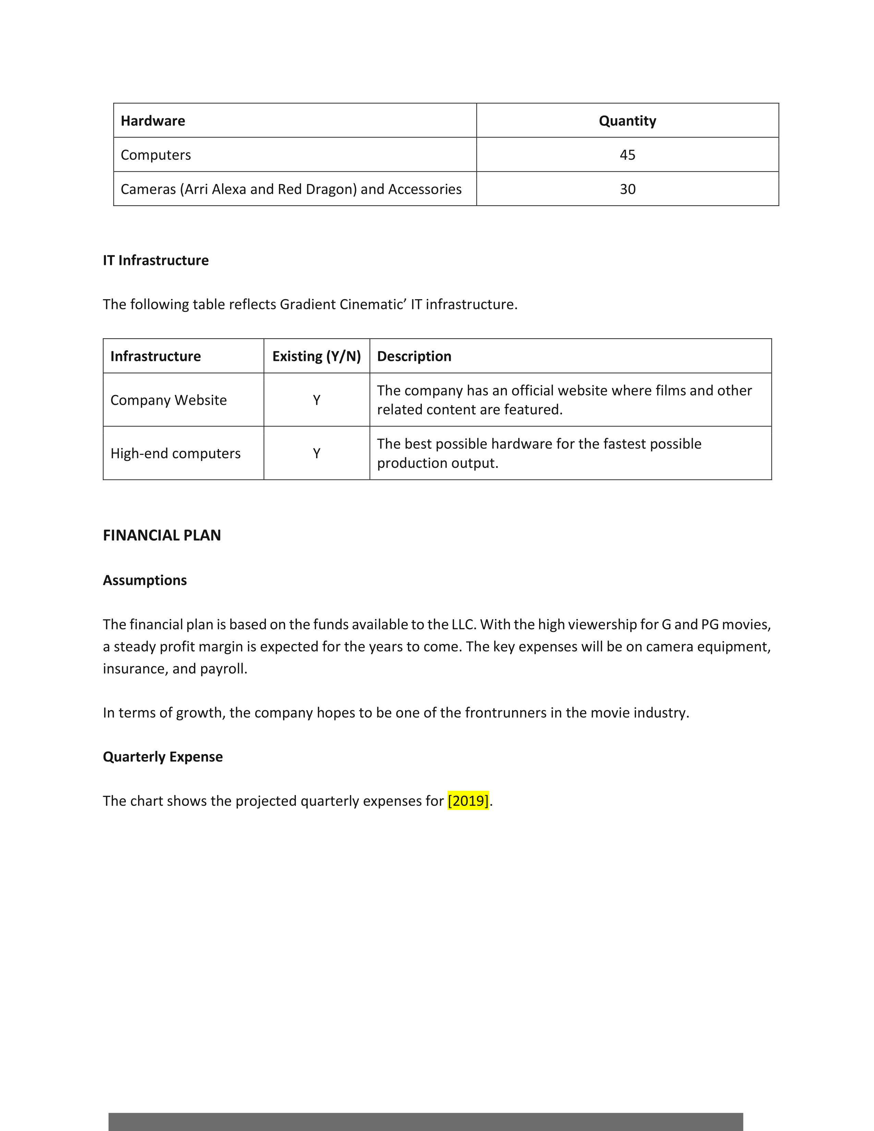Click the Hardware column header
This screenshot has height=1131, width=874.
[x=153, y=121]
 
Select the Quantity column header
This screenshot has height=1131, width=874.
[x=627, y=121]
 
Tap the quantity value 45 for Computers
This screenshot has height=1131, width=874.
[x=627, y=155]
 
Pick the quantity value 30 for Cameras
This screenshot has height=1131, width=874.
[x=627, y=189]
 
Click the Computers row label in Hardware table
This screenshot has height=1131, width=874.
[x=155, y=155]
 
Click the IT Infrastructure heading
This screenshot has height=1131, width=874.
[x=155, y=260]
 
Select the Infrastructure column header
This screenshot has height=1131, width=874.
[x=155, y=356]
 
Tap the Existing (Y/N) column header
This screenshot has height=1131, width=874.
[x=316, y=356]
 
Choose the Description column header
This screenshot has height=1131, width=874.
[x=414, y=356]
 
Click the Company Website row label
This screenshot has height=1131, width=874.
[x=168, y=400]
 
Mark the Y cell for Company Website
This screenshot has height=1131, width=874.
[x=316, y=400]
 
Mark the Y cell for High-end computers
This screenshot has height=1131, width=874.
[x=316, y=453]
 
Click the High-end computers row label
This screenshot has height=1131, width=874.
[x=175, y=453]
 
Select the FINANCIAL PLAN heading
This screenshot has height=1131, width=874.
[x=161, y=535]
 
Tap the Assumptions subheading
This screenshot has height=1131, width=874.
[x=144, y=580]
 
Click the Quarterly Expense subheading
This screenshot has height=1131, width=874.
[x=162, y=757]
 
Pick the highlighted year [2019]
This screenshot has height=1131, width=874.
[x=468, y=801]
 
